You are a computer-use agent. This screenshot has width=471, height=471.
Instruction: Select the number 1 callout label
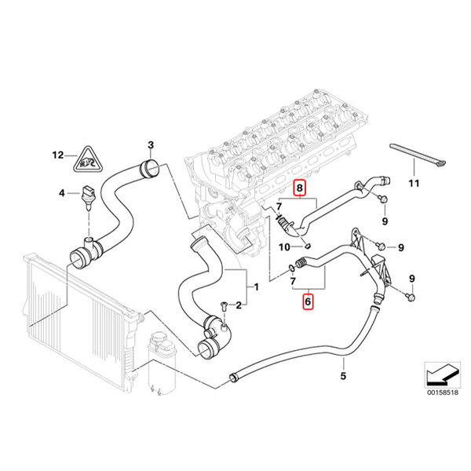tap(254, 287)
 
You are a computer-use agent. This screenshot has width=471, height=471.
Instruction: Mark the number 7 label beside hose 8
tap(278, 206)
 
